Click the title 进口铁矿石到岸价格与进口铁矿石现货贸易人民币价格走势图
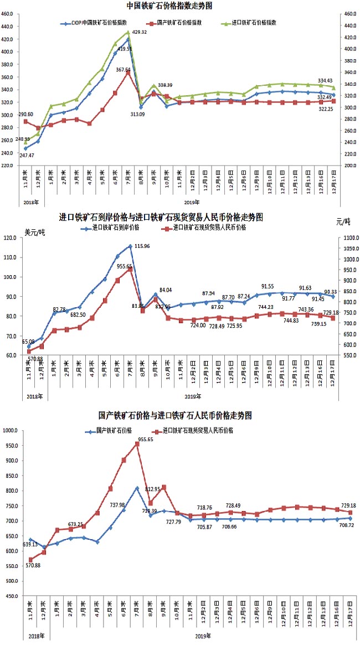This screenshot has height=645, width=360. click(x=161, y=216)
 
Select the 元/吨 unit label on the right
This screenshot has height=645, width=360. click(x=343, y=221)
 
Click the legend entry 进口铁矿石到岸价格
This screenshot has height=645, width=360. click(x=114, y=227)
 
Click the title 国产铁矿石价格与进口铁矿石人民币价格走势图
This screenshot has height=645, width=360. click(x=175, y=415)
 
